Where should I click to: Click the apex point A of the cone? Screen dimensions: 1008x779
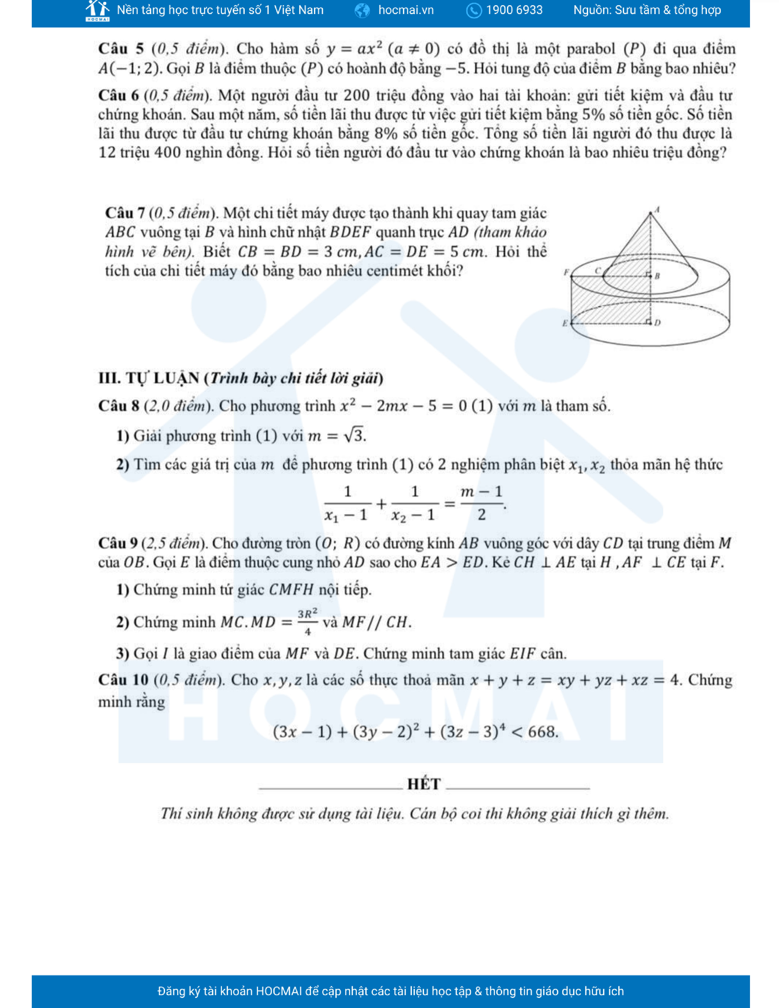pyautogui.click(x=651, y=213)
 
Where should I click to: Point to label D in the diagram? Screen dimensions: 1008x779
pyautogui.click(x=658, y=323)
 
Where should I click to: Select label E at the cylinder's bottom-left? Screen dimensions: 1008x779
pyautogui.click(x=565, y=323)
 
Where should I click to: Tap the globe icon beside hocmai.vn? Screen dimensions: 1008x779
pyautogui.click(x=362, y=10)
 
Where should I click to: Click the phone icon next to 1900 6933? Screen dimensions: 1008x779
pyautogui.click(x=474, y=10)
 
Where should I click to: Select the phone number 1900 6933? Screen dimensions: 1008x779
pyautogui.click(x=514, y=10)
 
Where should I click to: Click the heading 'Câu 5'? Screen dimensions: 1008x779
pyautogui.click(x=121, y=49)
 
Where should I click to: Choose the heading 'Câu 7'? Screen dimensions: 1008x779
pyautogui.click(x=125, y=213)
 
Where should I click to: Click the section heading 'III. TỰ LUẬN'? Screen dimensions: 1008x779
pyautogui.click(x=148, y=378)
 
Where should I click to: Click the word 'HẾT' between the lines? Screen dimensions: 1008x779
pyautogui.click(x=424, y=784)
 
